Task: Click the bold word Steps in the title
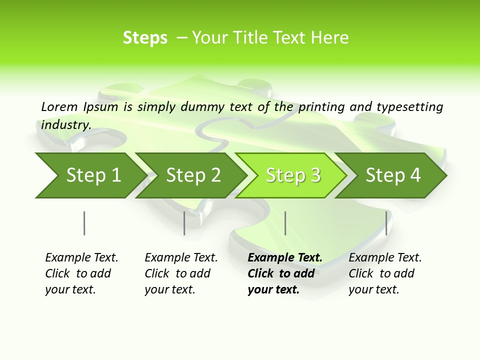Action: [145, 38]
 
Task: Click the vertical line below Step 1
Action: [84, 223]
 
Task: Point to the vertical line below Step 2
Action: [184, 223]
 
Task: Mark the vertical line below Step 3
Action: [285, 223]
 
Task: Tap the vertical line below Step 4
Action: [386, 223]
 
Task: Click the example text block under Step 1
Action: [81, 273]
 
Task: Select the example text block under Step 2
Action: [181, 273]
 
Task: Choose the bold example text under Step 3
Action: [285, 273]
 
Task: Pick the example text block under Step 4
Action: [385, 273]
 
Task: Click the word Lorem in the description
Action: [59, 106]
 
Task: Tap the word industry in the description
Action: [66, 124]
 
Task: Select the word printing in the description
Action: [321, 107]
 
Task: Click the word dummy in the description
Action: [203, 107]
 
